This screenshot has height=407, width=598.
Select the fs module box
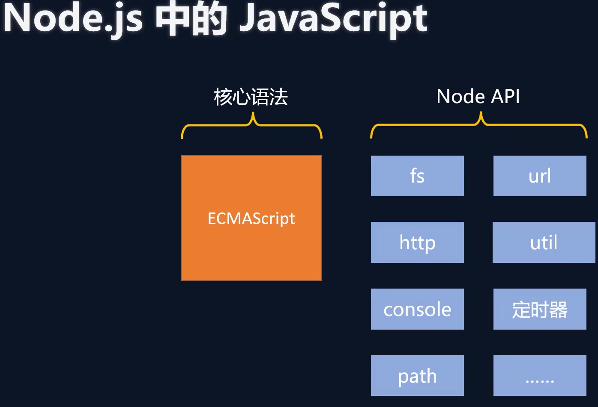(417, 176)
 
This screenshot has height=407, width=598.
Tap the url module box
(540, 176)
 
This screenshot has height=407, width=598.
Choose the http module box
(417, 242)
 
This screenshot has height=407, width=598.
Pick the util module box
(544, 242)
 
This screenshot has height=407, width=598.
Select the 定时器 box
(540, 309)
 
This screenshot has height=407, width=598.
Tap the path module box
(417, 375)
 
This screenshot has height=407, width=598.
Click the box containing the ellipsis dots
(540, 375)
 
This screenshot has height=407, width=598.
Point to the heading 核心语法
(251, 97)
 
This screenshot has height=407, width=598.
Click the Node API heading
(478, 97)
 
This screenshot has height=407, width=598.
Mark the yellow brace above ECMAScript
(251, 125)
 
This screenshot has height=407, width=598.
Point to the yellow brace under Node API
(478, 125)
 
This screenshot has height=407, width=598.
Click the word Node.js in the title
(73, 19)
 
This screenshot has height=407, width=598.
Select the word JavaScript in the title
(334, 19)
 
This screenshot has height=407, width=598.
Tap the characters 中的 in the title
(191, 19)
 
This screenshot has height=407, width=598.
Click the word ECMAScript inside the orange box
(251, 218)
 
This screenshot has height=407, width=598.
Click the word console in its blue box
(417, 309)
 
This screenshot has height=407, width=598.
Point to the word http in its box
(417, 243)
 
